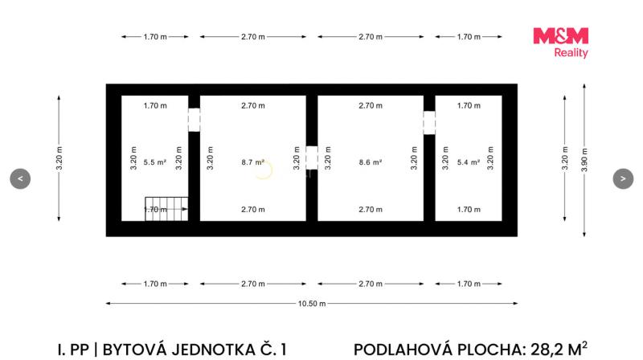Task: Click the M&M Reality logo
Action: pyautogui.click(x=560, y=43)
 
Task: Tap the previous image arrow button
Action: pyautogui.click(x=20, y=178)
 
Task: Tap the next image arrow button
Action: pyautogui.click(x=623, y=178)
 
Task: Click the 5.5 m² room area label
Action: pyautogui.click(x=154, y=162)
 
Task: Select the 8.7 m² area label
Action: pyautogui.click(x=252, y=162)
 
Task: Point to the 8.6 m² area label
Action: pyautogui.click(x=371, y=162)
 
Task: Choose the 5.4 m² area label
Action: pyautogui.click(x=469, y=162)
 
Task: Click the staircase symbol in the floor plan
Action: pyautogui.click(x=166, y=209)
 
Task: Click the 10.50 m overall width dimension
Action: pyautogui.click(x=312, y=304)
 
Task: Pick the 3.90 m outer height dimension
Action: pyautogui.click(x=584, y=160)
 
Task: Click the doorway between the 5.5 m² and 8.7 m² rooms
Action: pyautogui.click(x=194, y=120)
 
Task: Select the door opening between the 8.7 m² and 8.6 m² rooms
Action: pyautogui.click(x=312, y=157)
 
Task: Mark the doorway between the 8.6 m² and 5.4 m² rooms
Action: pyautogui.click(x=429, y=123)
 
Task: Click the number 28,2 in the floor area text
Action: pyautogui.click(x=547, y=350)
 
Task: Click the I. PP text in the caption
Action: pyautogui.click(x=73, y=350)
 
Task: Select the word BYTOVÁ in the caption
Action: pyautogui.click(x=133, y=350)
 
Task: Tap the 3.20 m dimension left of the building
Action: pyautogui.click(x=59, y=158)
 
